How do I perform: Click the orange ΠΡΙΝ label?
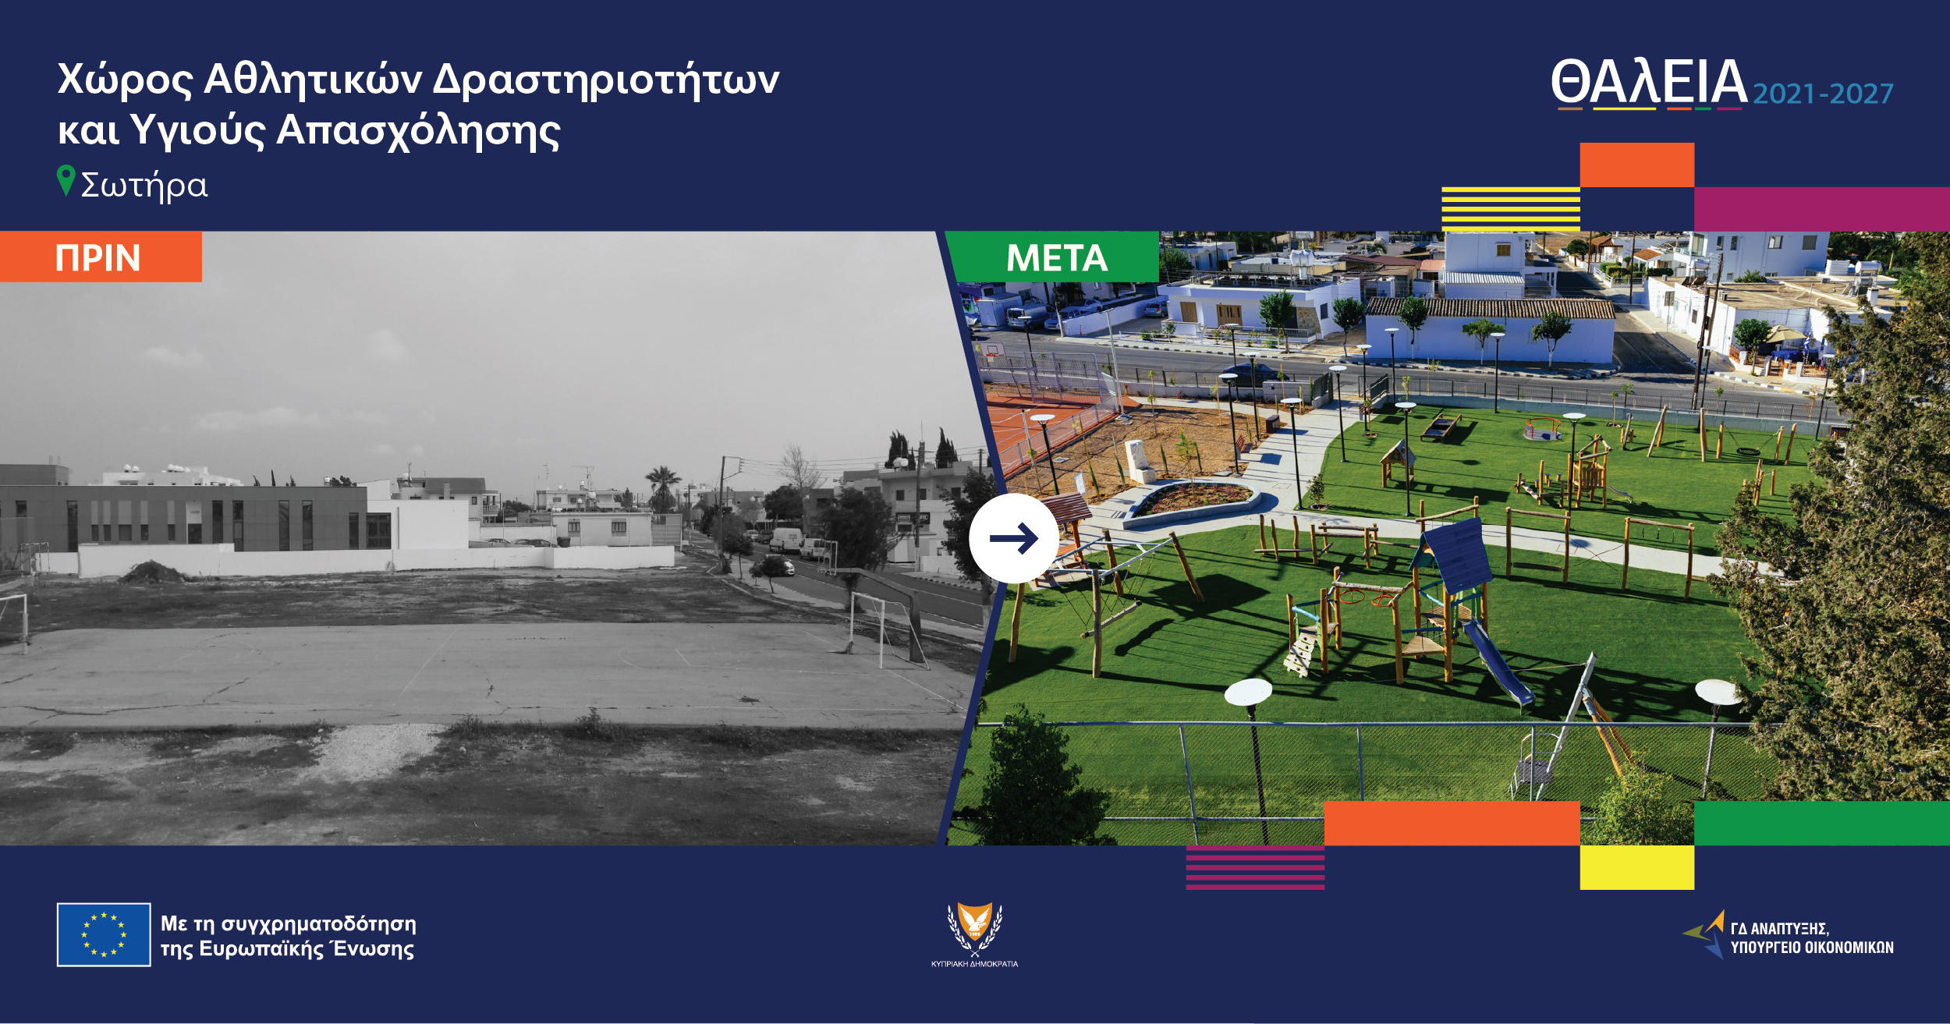(101, 257)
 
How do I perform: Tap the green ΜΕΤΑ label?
(1056, 257)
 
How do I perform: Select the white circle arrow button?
(1014, 538)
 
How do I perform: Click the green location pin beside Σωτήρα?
(66, 180)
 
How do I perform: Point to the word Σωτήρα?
(144, 186)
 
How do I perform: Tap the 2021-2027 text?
(1824, 94)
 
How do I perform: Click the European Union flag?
(104, 934)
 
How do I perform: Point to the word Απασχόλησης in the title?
(418, 131)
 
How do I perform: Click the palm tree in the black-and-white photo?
(662, 486)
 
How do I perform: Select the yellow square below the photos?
(1636, 867)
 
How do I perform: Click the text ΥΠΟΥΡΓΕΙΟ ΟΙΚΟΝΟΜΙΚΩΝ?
(1812, 948)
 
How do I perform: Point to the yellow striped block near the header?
(1511, 209)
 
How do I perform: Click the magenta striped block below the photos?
(1255, 867)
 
